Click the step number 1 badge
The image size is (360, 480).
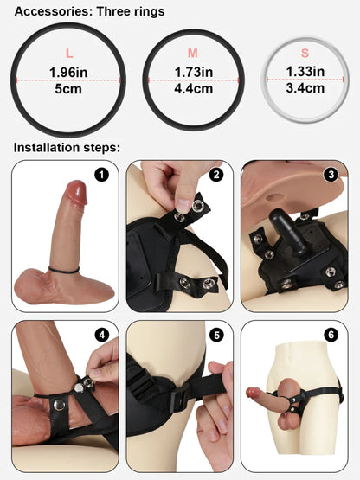[x=102, y=176]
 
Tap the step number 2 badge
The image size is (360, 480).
[x=216, y=175]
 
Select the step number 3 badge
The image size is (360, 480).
[x=330, y=175]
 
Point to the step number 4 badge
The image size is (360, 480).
[x=102, y=335]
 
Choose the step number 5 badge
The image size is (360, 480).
[x=216, y=335]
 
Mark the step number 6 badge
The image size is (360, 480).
[x=330, y=335]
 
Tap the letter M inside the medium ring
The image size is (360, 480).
[x=191, y=53]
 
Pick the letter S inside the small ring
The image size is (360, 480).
[x=305, y=53]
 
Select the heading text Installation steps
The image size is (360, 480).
[x=66, y=147]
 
